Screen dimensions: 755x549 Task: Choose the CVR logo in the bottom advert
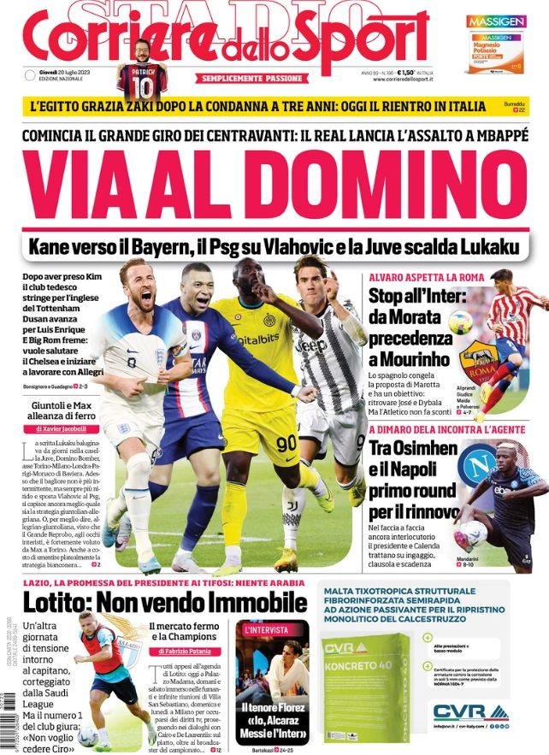460,711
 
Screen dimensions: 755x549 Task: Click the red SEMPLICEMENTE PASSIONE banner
251,79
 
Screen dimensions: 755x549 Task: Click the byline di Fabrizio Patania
185,651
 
